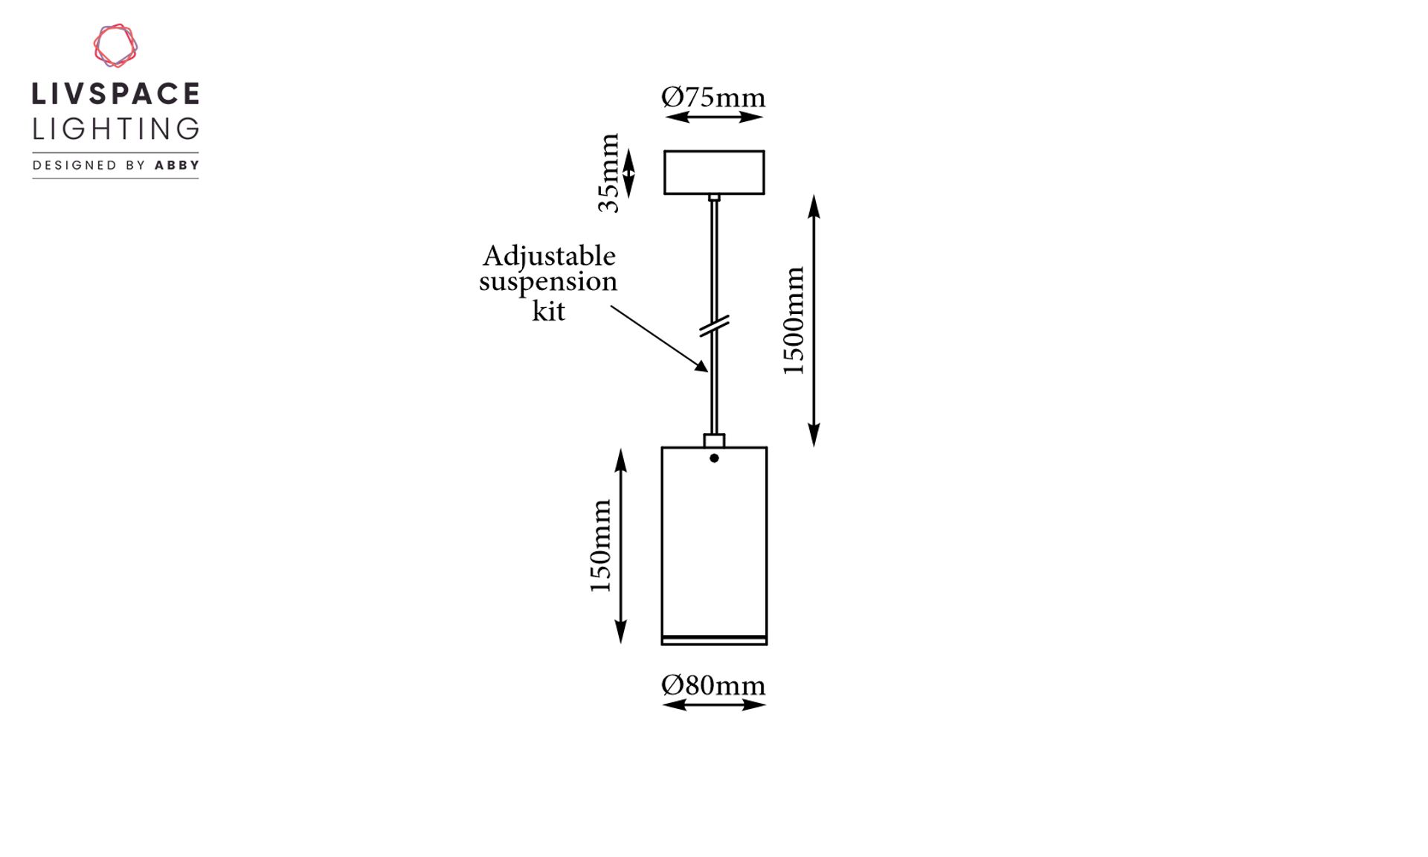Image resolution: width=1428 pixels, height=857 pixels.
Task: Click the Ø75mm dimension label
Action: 713,97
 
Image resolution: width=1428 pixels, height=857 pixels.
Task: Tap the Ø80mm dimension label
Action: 713,685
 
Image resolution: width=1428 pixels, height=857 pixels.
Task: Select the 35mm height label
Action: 608,173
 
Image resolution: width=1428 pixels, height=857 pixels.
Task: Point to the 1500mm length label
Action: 794,321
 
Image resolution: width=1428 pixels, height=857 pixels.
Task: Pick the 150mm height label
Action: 600,546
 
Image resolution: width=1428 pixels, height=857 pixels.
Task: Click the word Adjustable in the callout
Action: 549,257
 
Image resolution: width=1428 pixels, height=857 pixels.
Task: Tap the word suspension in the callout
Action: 548,283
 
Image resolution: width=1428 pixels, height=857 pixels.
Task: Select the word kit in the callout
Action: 548,310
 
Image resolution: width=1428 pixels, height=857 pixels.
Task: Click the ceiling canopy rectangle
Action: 714,152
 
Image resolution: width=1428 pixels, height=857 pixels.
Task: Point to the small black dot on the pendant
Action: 714,458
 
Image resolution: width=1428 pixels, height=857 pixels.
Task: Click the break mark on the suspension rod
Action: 714,326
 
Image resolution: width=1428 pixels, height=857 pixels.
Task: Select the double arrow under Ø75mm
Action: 714,117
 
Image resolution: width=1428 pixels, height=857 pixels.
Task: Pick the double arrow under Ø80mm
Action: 714,704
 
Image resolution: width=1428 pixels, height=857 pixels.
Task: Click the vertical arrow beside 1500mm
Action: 814,321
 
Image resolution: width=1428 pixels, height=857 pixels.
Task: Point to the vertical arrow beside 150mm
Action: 621,546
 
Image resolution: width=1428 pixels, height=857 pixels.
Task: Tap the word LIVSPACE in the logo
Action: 116,94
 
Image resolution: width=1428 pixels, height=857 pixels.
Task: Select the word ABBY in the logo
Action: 177,165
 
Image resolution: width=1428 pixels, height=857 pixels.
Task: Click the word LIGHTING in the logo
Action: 116,129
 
